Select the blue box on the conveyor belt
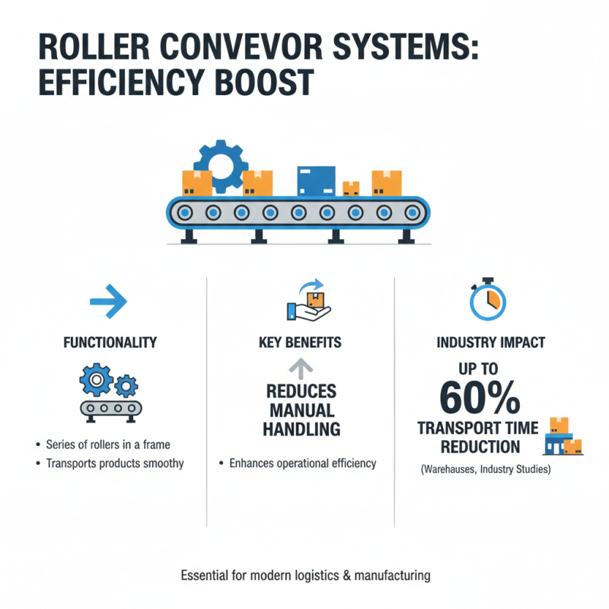pos(314,181)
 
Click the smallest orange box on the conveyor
pos(351,188)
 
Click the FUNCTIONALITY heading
pos(109,343)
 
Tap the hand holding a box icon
pos(308,301)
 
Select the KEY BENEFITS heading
pos(300,343)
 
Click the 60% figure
pos(480,397)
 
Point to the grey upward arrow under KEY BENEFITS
pos(300,369)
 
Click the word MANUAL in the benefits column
pos(301,410)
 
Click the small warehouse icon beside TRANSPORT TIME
pos(564,438)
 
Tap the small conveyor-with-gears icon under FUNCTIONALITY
pos(109,394)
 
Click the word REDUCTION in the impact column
pos(469,446)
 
